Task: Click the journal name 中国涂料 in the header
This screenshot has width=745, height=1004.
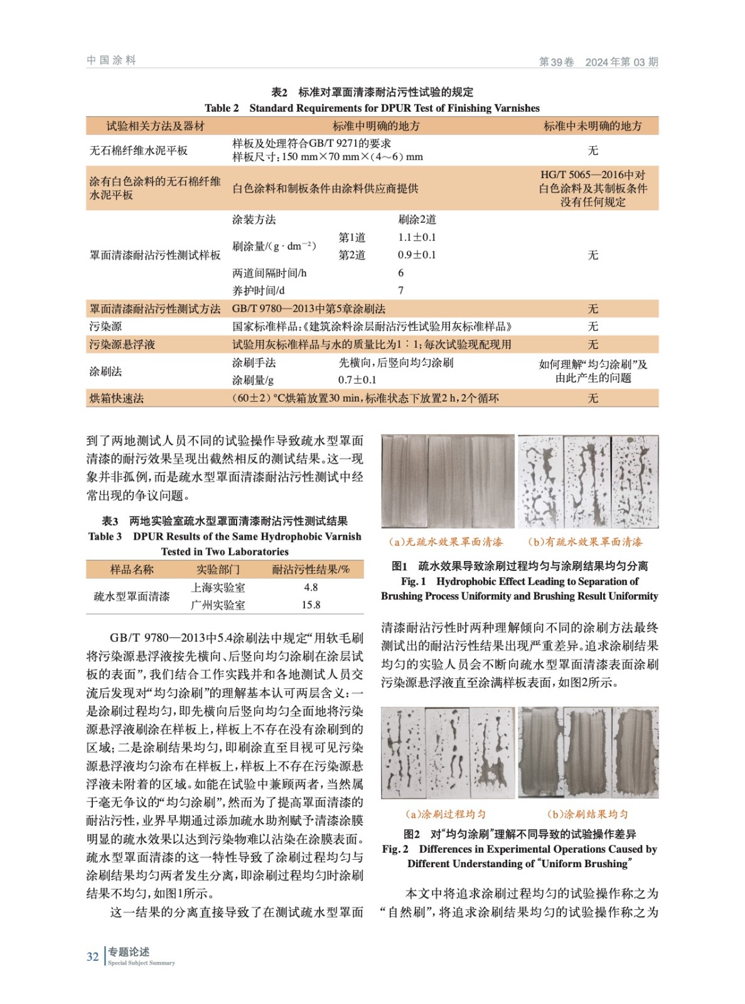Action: pos(111,60)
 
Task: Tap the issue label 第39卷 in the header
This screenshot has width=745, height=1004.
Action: pos(556,62)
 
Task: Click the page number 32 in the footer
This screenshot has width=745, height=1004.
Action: pos(92,956)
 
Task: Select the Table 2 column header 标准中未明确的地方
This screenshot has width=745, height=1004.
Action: pos(592,126)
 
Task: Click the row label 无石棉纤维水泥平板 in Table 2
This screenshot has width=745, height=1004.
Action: pos(139,151)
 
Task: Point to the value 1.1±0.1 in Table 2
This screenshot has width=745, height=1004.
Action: pos(417,237)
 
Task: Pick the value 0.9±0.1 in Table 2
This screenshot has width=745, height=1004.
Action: pos(417,255)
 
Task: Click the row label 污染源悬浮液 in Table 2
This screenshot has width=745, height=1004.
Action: pos(122,344)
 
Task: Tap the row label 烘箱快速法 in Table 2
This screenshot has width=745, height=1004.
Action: pos(116,398)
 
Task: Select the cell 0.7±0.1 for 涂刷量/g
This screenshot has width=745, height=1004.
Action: pos(357,380)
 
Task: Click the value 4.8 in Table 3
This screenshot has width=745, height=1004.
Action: pos(311,587)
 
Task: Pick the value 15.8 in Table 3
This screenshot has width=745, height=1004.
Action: pos(311,605)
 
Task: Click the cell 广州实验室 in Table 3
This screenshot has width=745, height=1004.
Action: pos(218,605)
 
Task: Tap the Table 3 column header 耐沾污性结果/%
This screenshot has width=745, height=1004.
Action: pos(311,570)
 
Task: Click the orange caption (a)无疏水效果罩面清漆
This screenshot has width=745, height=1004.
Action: pos(446,542)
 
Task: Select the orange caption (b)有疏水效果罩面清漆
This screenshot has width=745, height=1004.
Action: pos(585,542)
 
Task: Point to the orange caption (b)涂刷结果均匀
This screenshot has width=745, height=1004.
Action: pos(587,814)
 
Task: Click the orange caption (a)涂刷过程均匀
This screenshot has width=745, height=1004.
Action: pos(446,814)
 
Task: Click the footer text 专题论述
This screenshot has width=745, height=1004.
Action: pos(129,952)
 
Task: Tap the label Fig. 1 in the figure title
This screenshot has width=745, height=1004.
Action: pos(413,582)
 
